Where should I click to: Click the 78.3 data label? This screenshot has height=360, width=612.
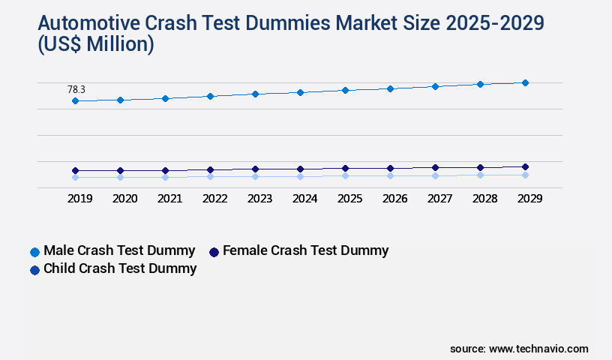76,89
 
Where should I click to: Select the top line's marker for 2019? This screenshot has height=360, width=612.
75,100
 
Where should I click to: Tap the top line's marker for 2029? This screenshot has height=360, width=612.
525,82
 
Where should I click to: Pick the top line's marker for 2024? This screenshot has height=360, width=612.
300,92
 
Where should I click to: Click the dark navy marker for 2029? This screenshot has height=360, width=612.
525,166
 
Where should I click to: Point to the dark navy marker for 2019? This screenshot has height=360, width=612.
75,170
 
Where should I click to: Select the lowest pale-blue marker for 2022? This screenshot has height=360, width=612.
210,176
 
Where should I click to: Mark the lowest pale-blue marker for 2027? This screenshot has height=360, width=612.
435,175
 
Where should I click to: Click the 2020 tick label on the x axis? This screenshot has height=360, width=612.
124,199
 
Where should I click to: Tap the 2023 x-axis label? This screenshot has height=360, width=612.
259,199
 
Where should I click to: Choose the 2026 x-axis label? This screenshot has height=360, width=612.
394,199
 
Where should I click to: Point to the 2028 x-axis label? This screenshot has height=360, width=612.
484,199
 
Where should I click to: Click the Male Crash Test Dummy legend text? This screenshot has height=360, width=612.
119,250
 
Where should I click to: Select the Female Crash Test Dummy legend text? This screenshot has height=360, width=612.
306,250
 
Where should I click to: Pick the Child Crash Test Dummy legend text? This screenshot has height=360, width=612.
120,268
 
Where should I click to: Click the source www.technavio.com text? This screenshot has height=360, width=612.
519,349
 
